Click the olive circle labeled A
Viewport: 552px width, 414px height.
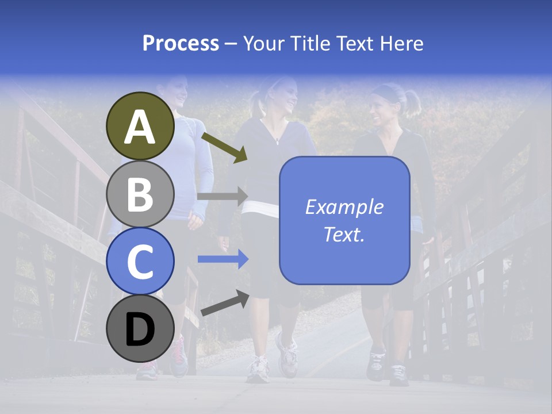click(x=140, y=126)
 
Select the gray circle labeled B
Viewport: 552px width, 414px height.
click(x=140, y=194)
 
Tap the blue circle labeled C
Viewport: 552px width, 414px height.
click(x=140, y=262)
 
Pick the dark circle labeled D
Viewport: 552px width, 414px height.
click(x=140, y=329)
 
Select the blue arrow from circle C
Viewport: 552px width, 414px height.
click(x=223, y=259)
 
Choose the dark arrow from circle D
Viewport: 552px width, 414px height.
click(x=225, y=304)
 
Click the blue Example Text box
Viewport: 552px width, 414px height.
click(x=344, y=220)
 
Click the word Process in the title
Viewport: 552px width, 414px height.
click(x=181, y=43)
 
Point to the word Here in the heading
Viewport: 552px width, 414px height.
click(x=401, y=43)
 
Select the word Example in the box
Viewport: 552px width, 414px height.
click(x=344, y=207)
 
